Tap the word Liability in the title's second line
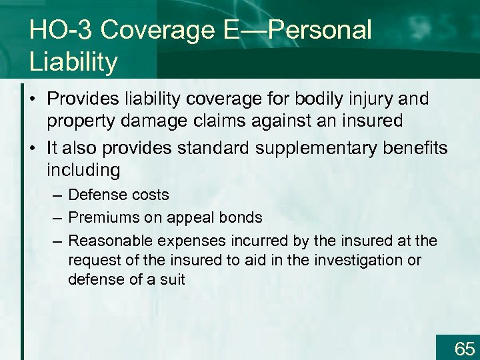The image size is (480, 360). point(74,62)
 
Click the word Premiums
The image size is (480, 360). point(100,217)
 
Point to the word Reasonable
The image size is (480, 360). point(107,240)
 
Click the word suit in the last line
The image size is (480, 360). point(172,279)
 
